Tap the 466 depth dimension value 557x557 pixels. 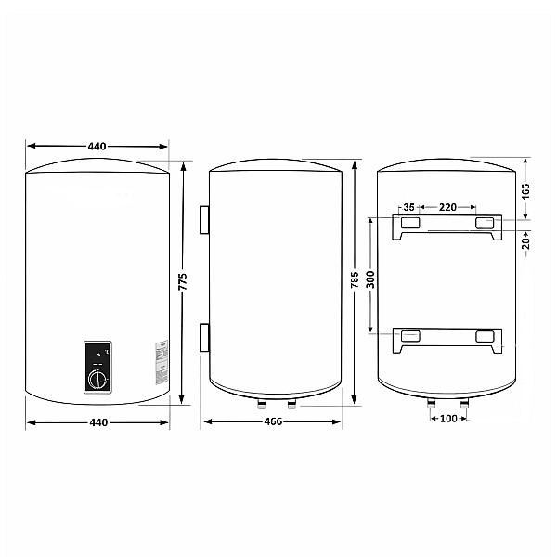[272, 422]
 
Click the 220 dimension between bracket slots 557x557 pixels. [447, 207]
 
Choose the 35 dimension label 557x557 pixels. [408, 207]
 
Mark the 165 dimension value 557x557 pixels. [525, 190]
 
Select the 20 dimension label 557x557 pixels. [525, 243]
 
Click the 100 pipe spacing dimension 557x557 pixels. [448, 420]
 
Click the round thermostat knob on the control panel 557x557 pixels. [97, 378]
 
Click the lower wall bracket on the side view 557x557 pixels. [203, 336]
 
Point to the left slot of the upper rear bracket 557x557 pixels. [408, 224]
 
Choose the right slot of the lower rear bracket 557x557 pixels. [486, 336]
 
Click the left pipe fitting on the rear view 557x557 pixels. [432, 405]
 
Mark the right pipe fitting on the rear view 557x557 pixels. [464, 405]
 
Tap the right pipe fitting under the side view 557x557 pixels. [291, 405]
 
